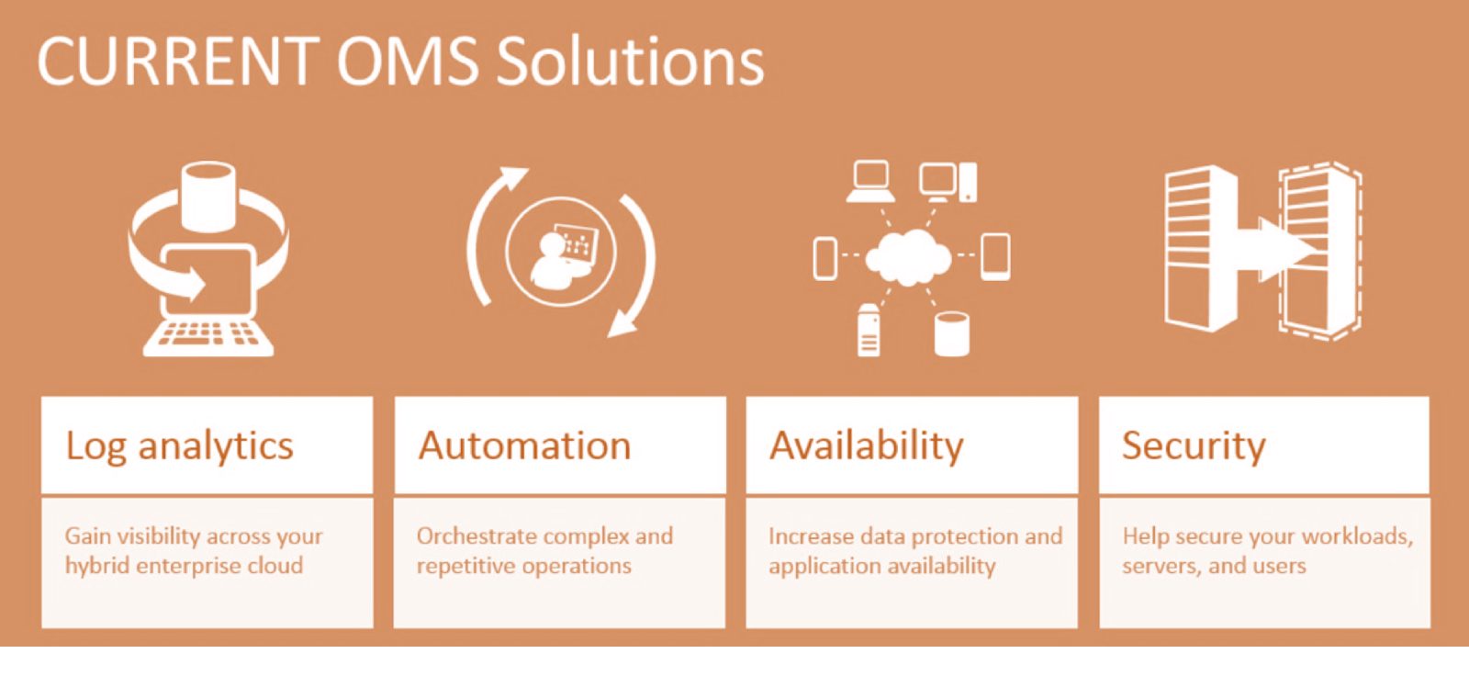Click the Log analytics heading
pos(180,447)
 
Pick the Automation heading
pos(524,445)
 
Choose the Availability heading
pos(867,447)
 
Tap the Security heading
pos(1194,447)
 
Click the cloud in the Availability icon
pos(909,257)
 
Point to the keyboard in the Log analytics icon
pos(208,337)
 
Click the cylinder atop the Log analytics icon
pos(207,197)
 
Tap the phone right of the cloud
pos(995,256)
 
